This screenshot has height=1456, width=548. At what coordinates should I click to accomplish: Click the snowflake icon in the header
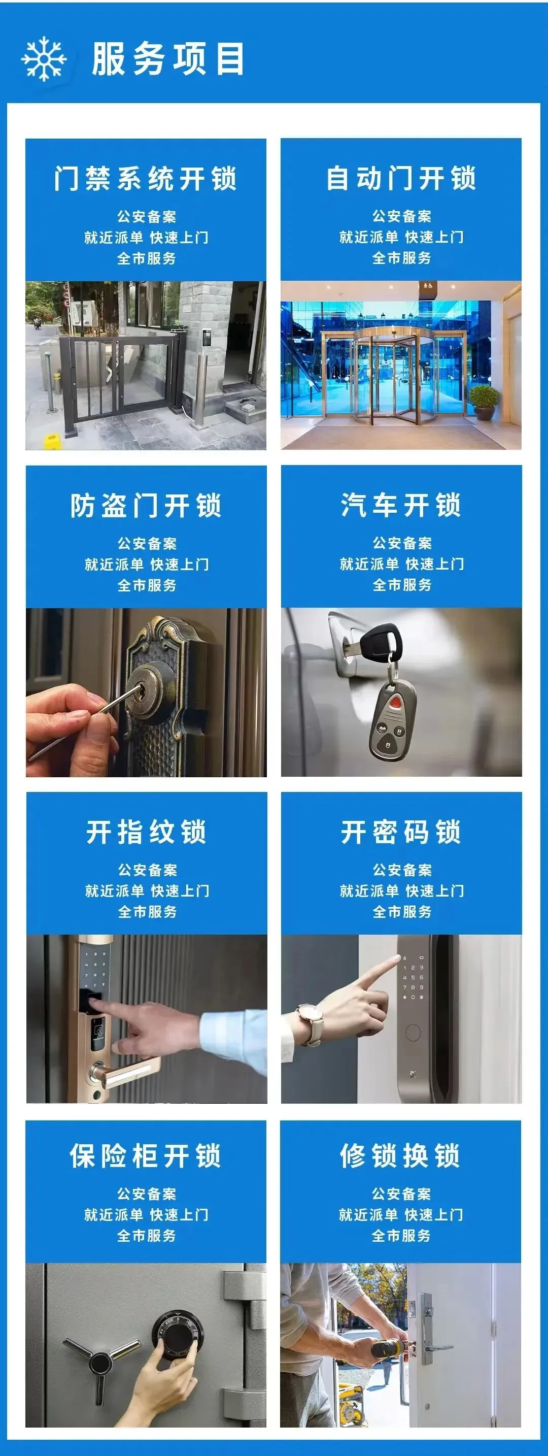point(44,59)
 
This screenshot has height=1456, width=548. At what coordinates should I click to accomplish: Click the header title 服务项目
point(168,59)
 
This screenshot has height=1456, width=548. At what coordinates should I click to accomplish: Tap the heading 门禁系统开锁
point(146,179)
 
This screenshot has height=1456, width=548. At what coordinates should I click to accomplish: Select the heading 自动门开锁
point(401,179)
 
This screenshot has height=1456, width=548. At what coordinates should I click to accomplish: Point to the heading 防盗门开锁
point(146,505)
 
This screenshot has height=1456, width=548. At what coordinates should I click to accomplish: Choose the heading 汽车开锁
point(401,505)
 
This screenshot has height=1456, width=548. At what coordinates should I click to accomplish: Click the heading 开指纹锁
point(146,832)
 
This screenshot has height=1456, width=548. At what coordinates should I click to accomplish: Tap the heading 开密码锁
point(401,832)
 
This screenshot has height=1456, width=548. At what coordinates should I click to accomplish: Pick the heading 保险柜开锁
point(146,1155)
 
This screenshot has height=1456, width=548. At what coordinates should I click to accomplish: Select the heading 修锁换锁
point(400,1155)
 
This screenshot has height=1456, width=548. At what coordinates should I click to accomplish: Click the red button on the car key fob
point(397,702)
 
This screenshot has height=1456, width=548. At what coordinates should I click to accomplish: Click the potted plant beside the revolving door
point(484,401)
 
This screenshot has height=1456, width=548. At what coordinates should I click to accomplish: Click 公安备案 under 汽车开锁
point(402,543)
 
